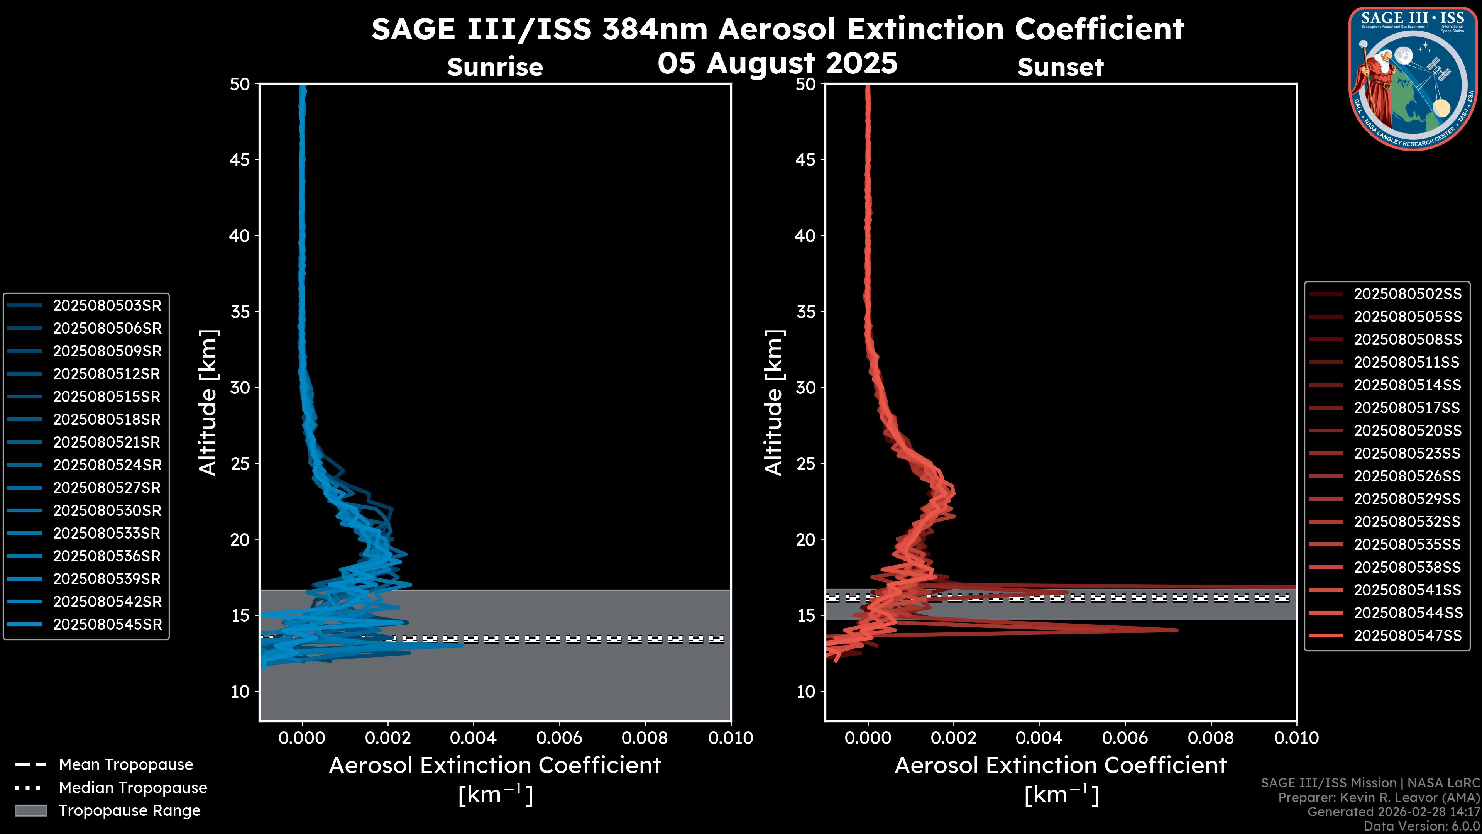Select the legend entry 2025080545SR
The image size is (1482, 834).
coord(107,624)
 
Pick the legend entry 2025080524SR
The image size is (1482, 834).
coord(107,465)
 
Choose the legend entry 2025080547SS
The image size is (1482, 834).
coord(1407,636)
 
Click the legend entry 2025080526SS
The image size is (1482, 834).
coord(1407,476)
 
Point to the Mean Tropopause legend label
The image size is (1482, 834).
coord(126,764)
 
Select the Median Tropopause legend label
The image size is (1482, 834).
coord(133,787)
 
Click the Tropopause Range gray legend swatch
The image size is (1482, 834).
coord(30,810)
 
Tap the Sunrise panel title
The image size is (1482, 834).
coord(495,67)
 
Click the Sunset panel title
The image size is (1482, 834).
coord(1060,67)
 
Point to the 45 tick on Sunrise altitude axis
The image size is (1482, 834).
coord(239,159)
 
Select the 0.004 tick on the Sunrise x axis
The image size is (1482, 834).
coord(473,738)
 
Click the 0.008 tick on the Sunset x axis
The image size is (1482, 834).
coord(1211,738)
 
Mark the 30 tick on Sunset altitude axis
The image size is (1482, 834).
coord(805,387)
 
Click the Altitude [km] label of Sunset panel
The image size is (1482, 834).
coord(774,402)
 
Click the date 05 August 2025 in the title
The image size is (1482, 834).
coord(777,63)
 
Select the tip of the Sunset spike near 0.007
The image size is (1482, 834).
coord(1176,630)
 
